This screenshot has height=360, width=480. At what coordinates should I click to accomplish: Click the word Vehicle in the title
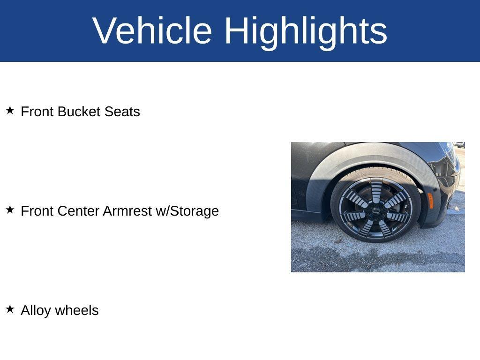[x=152, y=30]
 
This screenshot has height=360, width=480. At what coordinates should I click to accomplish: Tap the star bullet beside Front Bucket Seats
[x=10, y=111]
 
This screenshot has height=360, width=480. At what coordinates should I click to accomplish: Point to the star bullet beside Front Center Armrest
[x=10, y=210]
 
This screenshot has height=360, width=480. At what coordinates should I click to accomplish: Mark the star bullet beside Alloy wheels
[x=10, y=309]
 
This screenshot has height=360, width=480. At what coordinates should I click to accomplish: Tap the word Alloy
[x=36, y=310]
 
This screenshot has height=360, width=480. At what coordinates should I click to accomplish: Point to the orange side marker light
[x=430, y=200]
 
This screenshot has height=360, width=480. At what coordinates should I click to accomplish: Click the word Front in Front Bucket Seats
[x=37, y=112]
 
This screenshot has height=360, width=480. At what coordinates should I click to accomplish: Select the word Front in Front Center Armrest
[x=37, y=211]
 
